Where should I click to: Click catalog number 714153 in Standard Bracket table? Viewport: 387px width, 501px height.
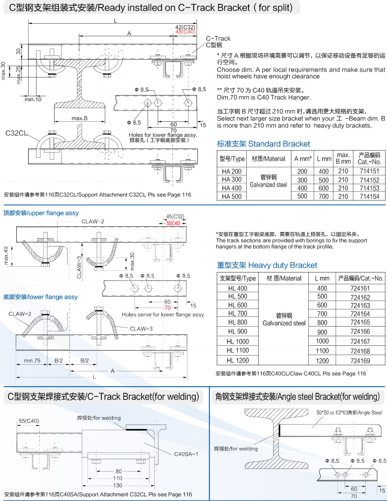369,188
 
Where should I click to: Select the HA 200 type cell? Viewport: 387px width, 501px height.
232,171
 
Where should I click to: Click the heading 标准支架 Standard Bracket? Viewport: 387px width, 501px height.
263,144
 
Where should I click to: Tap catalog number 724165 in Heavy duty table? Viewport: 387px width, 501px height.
360,322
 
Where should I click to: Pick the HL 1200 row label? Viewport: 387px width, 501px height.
237,360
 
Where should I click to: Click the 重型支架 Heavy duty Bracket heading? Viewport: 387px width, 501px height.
267,265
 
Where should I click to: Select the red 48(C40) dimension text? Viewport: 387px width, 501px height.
185,32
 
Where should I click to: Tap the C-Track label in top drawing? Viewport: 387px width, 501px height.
218,39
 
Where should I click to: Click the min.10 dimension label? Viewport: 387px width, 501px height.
33,99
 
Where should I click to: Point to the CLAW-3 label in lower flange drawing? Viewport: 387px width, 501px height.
141,329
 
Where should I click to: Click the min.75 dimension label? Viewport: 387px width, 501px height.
32,360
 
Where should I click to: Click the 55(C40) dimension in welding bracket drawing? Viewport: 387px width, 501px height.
29,421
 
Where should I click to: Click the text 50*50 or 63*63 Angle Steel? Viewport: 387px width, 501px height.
349,413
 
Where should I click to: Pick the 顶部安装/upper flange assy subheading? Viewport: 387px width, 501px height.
41,213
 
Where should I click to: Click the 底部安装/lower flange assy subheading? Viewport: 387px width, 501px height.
40,297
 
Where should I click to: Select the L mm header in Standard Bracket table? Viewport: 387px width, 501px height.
324,159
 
